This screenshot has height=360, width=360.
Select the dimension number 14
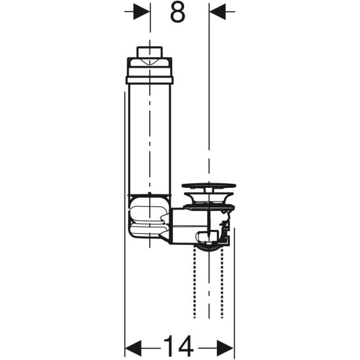[x=179, y=345]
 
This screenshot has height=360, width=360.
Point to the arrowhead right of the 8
[x=217, y=12]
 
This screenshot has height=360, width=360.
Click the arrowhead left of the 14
[x=133, y=345]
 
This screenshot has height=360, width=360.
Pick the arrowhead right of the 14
[x=226, y=345]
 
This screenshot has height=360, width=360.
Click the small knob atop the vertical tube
[x=150, y=52]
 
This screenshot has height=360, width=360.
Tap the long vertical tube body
[x=150, y=138]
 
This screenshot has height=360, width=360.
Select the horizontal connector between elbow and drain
[x=181, y=225]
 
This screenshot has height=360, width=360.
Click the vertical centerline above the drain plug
[x=209, y=99]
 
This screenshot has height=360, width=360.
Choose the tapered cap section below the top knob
[x=150, y=65]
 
